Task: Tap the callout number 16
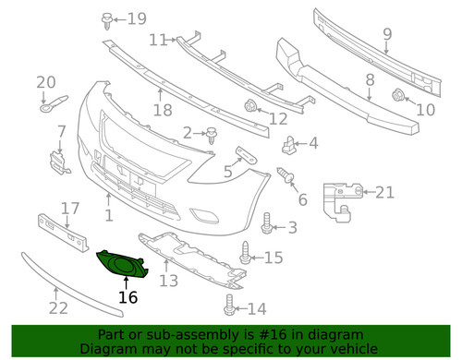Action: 128,297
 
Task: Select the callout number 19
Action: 138,18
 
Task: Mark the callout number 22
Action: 58,308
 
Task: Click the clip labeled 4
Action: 289,144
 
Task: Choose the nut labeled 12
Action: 249,107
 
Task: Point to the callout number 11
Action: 158,40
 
